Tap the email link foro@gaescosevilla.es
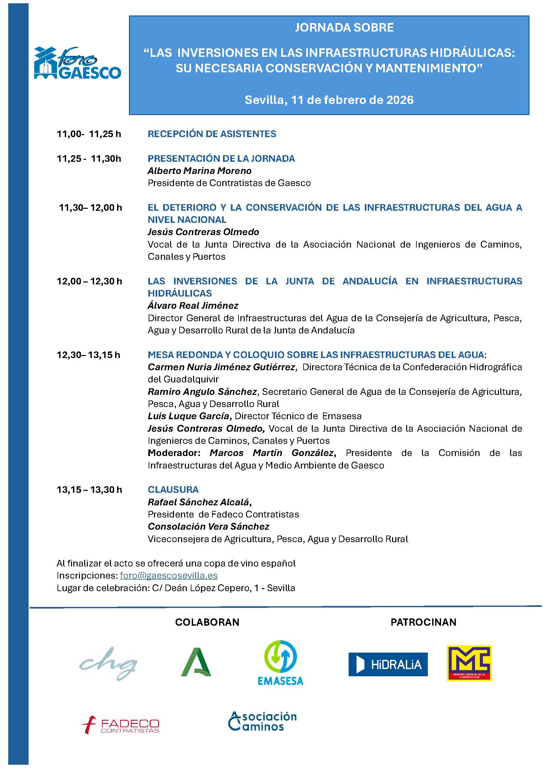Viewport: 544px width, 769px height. pos(168,575)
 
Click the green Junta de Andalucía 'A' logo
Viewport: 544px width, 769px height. pos(196,662)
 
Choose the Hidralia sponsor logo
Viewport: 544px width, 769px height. pos(388,664)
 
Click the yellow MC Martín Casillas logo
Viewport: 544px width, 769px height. pos(469,663)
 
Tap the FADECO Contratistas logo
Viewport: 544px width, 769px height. pos(120,726)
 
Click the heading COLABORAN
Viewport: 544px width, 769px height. pos(207,622)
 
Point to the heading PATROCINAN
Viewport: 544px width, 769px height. pos(423,622)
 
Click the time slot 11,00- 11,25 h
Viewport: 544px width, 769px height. pos(89,134)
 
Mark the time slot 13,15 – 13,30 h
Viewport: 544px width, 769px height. pos(89,490)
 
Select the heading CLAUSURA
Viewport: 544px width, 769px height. pos(173,489)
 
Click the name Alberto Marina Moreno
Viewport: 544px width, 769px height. pos(200,171)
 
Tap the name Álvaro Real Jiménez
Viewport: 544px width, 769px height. pos(193,305)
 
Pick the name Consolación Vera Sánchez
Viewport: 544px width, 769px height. pos(208,526)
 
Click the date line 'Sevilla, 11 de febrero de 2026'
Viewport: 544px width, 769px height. pos(329,100)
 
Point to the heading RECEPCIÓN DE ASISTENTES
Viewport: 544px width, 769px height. pos(212,134)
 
